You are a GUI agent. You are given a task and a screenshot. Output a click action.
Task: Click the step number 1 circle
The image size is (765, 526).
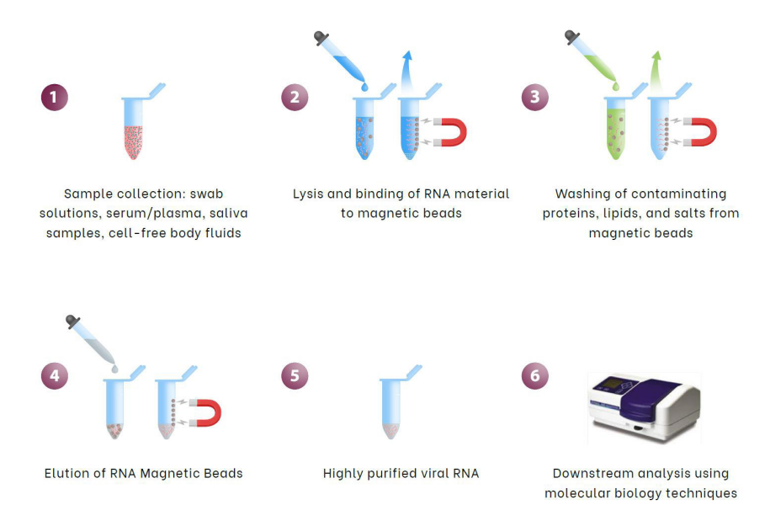pyautogui.click(x=54, y=97)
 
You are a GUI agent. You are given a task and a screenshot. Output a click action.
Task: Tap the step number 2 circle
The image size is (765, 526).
pyautogui.click(x=295, y=97)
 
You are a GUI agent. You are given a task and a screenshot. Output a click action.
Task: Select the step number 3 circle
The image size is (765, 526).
pyautogui.click(x=535, y=97)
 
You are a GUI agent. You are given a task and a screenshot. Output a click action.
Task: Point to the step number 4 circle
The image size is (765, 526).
pyautogui.click(x=54, y=375)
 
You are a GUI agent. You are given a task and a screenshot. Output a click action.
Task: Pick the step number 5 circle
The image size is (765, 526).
pyautogui.click(x=295, y=375)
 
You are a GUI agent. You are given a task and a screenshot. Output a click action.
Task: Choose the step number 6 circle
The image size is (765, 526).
pyautogui.click(x=535, y=375)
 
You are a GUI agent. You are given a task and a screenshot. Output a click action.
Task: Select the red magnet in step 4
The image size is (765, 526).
pyautogui.click(x=205, y=412)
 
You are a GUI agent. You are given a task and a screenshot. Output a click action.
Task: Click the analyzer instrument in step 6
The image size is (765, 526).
pyautogui.click(x=643, y=406)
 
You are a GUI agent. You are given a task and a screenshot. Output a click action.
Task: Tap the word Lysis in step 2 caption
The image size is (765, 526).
pyautogui.click(x=310, y=194)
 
